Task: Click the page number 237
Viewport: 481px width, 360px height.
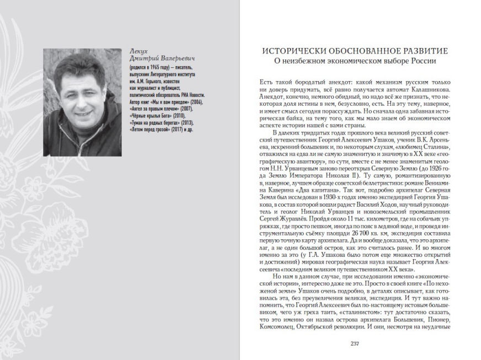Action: click(355, 344)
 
